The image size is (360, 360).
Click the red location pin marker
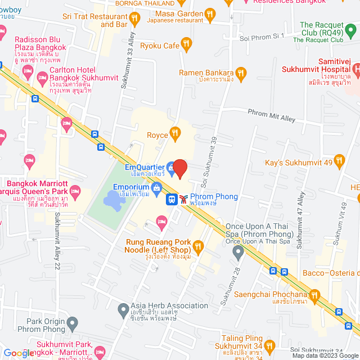[179, 168]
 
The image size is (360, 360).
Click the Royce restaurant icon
[175, 133]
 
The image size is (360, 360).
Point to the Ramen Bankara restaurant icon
[241, 73]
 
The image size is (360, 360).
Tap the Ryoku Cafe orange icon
[187, 43]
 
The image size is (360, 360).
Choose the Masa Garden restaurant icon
[210, 13]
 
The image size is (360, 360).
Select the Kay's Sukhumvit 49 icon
[339, 162]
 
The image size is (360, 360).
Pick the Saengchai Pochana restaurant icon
[314, 294]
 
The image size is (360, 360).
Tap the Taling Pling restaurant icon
[269, 345]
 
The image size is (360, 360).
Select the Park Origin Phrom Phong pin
[71, 323]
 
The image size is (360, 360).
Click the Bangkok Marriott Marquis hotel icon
[75, 191]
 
